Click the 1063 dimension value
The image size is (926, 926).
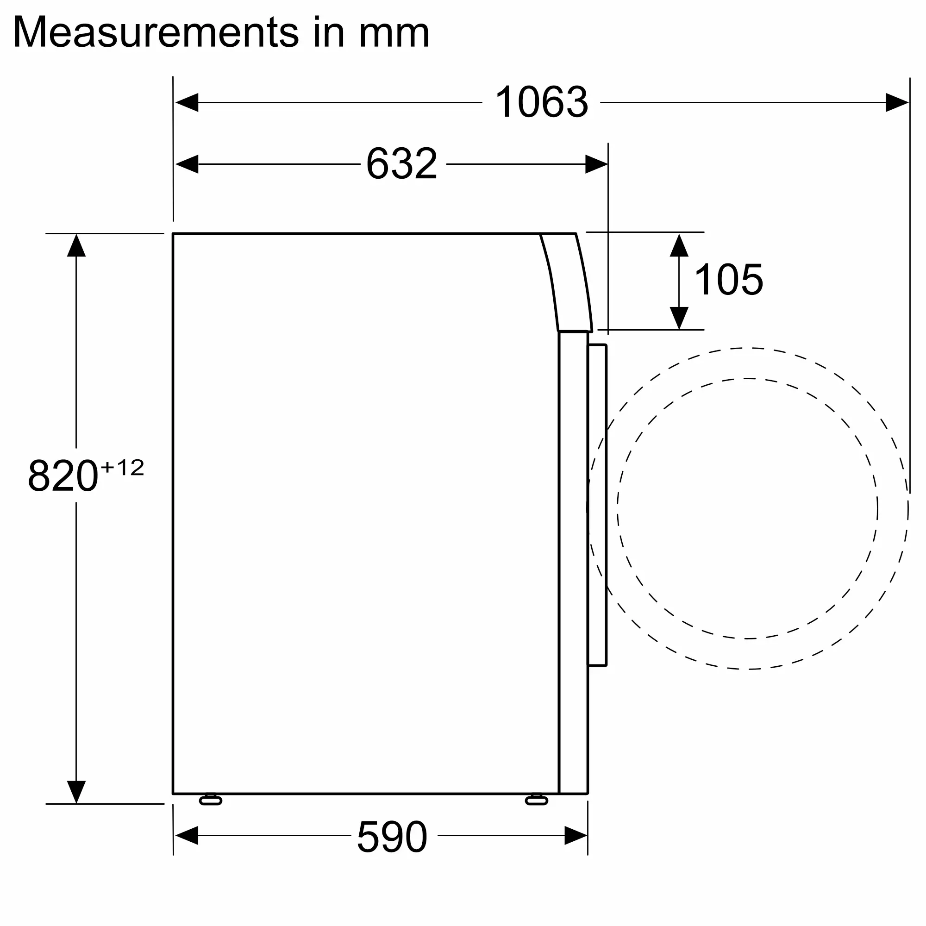[541, 102]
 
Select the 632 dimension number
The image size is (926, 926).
[401, 164]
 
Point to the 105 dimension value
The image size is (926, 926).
[728, 280]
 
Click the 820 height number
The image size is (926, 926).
[63, 476]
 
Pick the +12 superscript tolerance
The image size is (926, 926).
[122, 467]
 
